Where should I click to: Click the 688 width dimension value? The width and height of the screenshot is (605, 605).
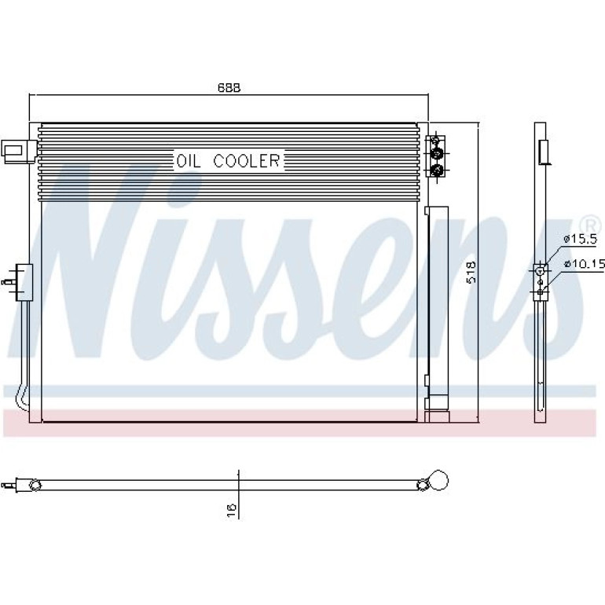(x=229, y=87)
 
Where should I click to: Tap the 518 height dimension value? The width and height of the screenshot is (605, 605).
(x=471, y=273)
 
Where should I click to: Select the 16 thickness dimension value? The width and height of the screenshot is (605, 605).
(x=232, y=511)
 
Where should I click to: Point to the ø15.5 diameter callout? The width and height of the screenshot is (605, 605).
(x=580, y=239)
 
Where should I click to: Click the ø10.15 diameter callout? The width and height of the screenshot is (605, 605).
(x=584, y=264)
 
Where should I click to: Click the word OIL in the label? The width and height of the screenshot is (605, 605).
(x=189, y=161)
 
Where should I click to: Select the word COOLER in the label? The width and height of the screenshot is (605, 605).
(x=247, y=160)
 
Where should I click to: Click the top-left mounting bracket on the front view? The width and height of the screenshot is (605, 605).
(x=20, y=152)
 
